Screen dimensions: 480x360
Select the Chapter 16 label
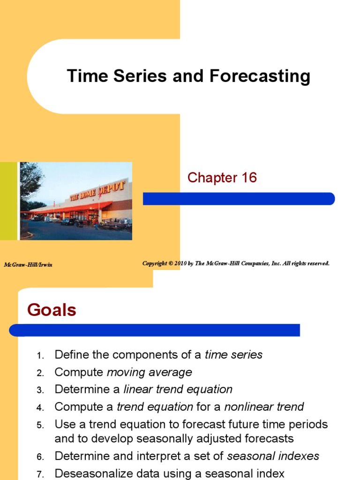(222, 178)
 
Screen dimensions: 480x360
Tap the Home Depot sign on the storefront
(97, 191)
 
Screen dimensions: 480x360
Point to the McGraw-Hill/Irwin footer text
(28, 265)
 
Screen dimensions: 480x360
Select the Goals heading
(52, 310)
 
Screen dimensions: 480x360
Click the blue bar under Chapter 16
(239, 199)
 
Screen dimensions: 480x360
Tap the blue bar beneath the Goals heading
(155, 330)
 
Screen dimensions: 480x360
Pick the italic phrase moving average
(150, 372)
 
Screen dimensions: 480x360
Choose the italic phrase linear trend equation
(178, 390)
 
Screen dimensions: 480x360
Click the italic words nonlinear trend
(264, 406)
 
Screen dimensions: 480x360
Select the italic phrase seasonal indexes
(273, 456)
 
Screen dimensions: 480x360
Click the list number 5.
(40, 426)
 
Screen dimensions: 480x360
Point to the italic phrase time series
(233, 355)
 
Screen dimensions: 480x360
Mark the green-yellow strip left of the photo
(9, 201)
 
